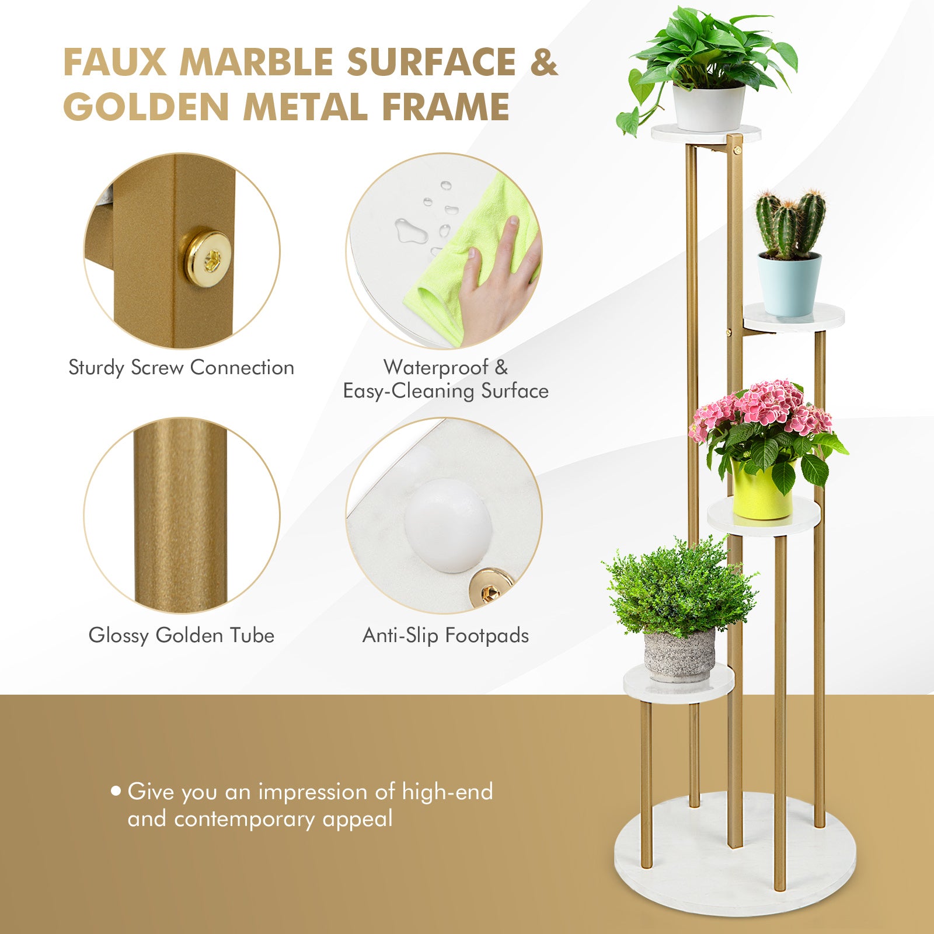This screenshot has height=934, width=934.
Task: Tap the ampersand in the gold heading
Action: click(x=544, y=62)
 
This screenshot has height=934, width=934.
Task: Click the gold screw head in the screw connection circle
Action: click(x=208, y=255)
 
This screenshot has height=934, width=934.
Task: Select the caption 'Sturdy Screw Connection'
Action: click(x=181, y=368)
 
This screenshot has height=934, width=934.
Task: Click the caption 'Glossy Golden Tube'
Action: click(x=181, y=635)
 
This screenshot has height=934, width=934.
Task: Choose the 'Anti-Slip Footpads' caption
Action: click(x=445, y=635)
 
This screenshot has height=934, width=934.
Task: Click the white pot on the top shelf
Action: click(x=709, y=109)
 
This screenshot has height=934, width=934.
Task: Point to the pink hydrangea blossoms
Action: click(x=765, y=406)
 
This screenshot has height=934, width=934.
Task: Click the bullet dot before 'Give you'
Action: click(x=116, y=792)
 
